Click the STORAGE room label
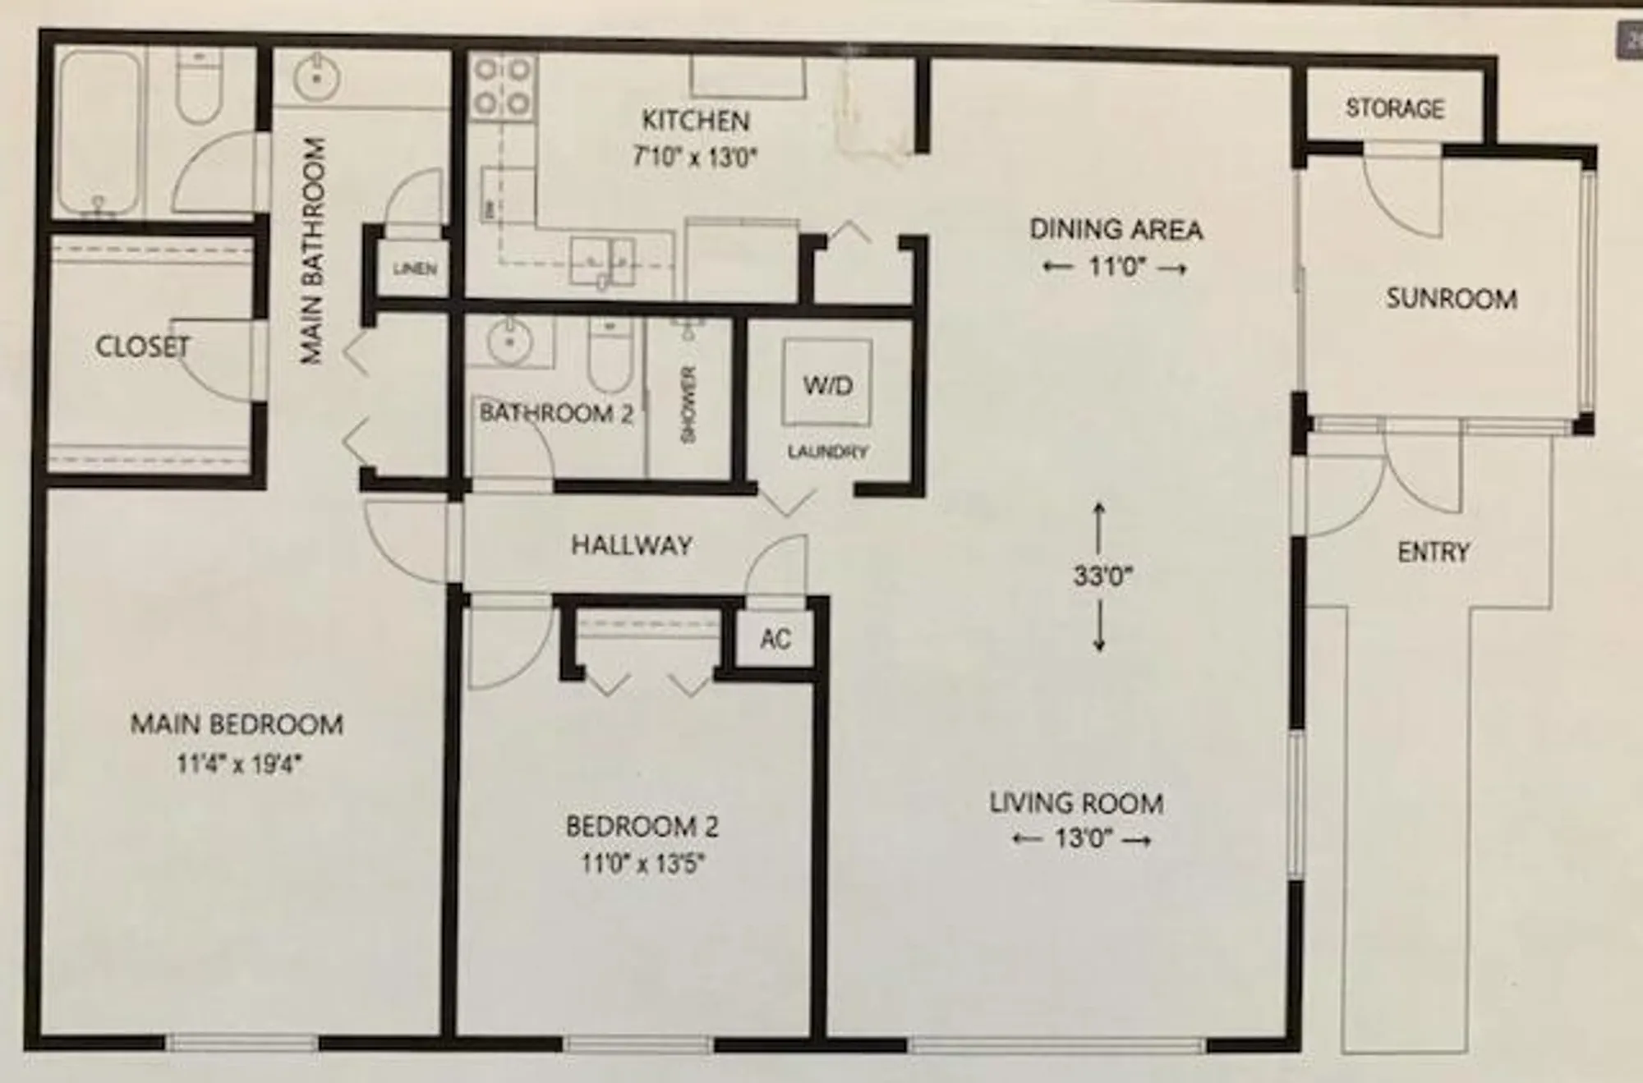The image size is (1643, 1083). pos(1394,108)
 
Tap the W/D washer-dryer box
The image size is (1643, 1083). pos(826,382)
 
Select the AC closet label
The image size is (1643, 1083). pos(775,638)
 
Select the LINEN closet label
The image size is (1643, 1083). pos(414,268)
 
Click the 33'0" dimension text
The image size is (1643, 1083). pos(1102,576)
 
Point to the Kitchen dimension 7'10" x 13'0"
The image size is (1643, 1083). pos(695,156)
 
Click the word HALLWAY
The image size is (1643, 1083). pos(631,545)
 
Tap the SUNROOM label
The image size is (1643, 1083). pos(1451,298)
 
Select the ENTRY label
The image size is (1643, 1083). pos(1433,552)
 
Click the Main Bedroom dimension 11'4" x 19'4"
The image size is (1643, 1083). pos(239,764)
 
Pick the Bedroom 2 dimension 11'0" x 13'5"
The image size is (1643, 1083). pos(642,864)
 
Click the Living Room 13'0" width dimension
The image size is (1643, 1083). pos(1082,839)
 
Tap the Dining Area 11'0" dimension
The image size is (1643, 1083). pos(1115,268)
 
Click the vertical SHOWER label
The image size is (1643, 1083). pos(688,404)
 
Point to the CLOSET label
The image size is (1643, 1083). pos(142,346)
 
